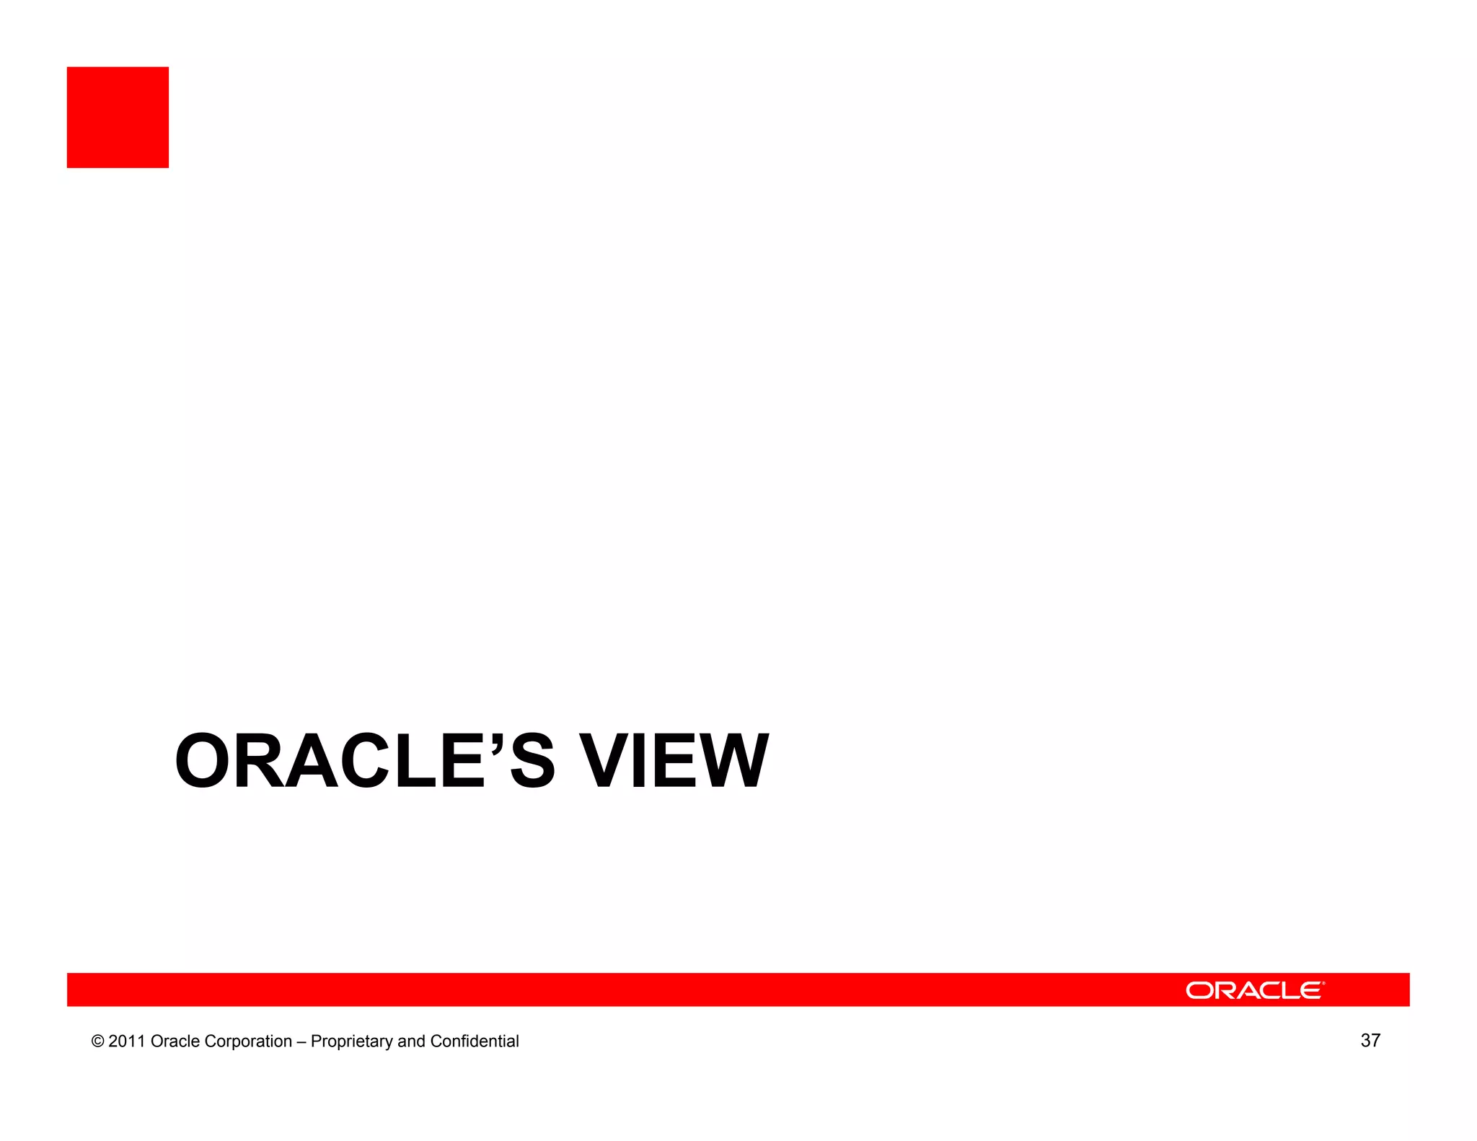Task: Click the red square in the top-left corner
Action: click(x=118, y=118)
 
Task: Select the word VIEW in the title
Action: click(x=674, y=762)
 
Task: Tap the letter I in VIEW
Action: click(x=643, y=762)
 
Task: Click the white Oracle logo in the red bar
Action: click(x=1253, y=990)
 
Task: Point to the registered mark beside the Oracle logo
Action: click(x=1323, y=983)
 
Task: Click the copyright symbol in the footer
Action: click(x=97, y=1041)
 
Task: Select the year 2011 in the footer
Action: click(x=127, y=1041)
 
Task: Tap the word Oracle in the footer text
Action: click(x=175, y=1041)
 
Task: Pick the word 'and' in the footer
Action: click(x=411, y=1041)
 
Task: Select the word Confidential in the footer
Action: click(x=475, y=1041)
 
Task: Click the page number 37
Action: click(x=1370, y=1041)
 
